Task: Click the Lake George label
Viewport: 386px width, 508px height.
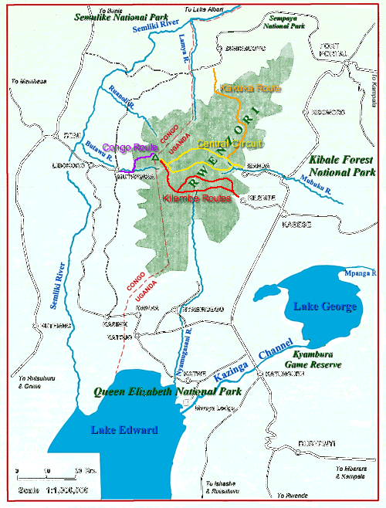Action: [x=324, y=306]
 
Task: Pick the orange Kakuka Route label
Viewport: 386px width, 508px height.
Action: [x=239, y=89]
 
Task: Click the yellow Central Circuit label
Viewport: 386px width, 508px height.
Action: [x=229, y=144]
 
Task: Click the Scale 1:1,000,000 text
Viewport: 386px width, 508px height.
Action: [x=51, y=489]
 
